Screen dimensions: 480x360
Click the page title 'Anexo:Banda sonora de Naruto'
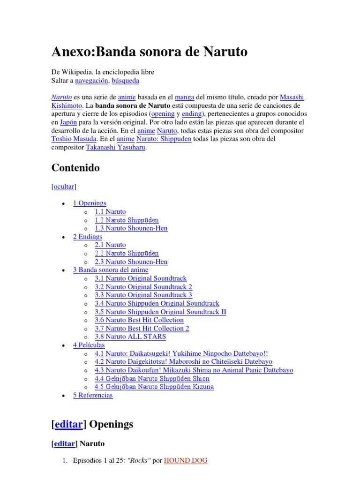[x=149, y=52]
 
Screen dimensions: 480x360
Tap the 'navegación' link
[x=92, y=81]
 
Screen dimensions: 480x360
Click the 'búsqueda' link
[x=125, y=81]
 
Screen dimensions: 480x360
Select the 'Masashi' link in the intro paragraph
[x=292, y=97]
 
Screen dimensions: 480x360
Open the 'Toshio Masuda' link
[x=74, y=139]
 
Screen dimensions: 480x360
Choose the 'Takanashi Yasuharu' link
[x=115, y=148]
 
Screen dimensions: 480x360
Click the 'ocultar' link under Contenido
[x=64, y=187]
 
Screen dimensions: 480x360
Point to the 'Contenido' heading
[x=75, y=168]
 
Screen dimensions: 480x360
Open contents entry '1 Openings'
[x=90, y=203]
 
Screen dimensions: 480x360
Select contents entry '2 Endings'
[x=87, y=237]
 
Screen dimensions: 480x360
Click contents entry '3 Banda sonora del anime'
[x=111, y=270]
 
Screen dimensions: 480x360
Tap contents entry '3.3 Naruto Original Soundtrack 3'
[x=143, y=295]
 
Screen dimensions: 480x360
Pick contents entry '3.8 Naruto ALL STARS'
[x=130, y=337]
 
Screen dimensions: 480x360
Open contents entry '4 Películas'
[x=89, y=345]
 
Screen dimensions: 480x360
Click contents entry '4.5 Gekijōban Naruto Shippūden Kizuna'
[x=154, y=387]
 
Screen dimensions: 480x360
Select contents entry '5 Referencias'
[x=93, y=395]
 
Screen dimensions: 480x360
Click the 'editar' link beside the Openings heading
[x=68, y=425]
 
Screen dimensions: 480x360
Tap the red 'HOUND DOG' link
[x=186, y=461]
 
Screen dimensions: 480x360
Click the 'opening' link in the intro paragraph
[x=163, y=114]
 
